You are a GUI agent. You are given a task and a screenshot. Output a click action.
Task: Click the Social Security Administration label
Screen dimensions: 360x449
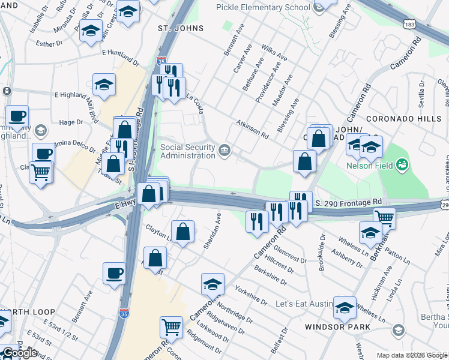click(187, 151)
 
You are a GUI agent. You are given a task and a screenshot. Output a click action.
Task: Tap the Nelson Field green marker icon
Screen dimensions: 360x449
click(402, 163)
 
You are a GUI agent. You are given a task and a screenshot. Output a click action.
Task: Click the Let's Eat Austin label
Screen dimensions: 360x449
click(304, 304)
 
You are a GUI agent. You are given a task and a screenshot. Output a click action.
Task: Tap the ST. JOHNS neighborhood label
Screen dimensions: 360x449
click(181, 28)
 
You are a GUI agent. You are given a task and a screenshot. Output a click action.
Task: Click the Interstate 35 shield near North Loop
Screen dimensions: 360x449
click(124, 313)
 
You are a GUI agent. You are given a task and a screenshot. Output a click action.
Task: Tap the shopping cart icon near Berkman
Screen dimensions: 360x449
click(384, 218)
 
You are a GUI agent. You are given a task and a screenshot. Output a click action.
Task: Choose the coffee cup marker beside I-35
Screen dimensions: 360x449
click(113, 273)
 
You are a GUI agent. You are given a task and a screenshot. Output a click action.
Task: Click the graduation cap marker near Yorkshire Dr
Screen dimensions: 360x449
click(212, 284)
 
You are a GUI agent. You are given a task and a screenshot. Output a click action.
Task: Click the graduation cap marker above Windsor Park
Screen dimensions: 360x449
click(345, 307)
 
